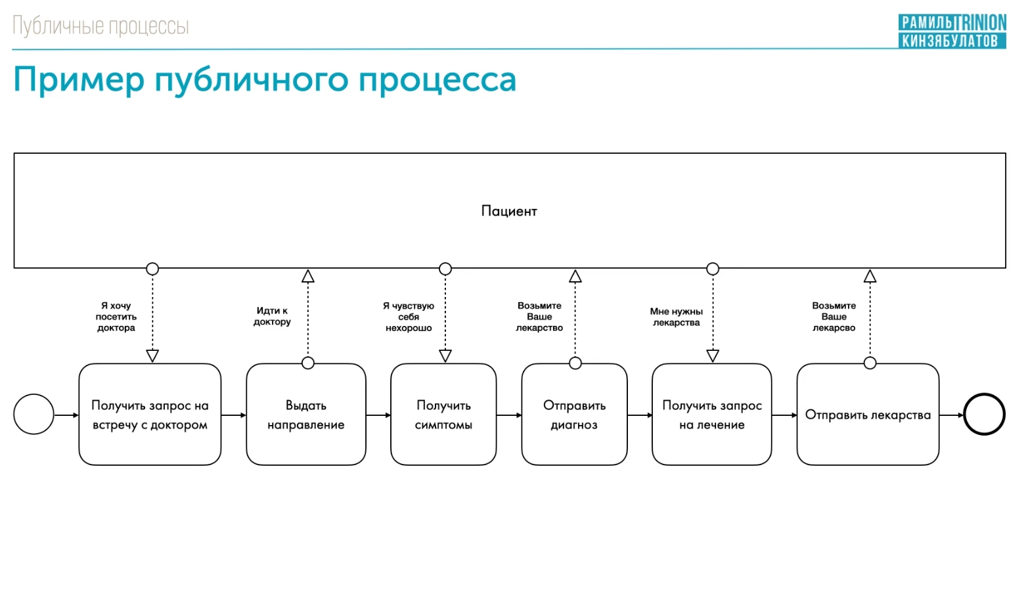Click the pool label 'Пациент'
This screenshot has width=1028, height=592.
pos(509,211)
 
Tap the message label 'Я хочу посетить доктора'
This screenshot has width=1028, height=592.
pos(116,317)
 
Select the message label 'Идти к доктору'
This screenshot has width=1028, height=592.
pos(272,316)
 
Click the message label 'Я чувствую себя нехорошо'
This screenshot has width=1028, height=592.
pos(409,317)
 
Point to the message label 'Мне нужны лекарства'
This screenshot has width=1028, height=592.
pos(677,317)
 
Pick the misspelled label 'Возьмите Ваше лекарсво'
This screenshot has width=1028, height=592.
pos(834,317)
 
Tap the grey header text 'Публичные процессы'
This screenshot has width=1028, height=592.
pos(101,26)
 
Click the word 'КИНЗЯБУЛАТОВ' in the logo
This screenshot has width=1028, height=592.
pos(950,41)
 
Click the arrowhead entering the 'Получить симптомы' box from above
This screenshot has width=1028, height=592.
pos(445,355)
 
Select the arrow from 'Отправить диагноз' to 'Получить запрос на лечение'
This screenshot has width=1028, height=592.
pos(640,415)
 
